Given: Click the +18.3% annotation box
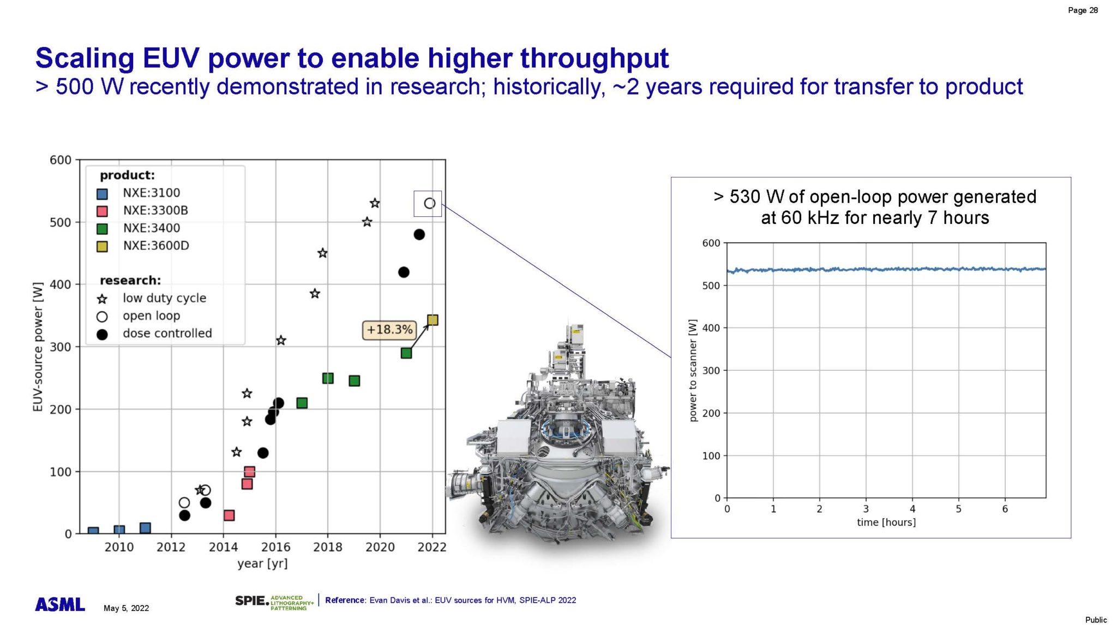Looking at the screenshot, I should pyautogui.click(x=389, y=330).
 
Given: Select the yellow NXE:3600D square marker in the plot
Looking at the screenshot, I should pyautogui.click(x=433, y=320).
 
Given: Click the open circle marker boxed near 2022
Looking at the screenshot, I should pyautogui.click(x=429, y=203).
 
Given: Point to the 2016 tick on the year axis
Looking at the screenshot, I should pyautogui.click(x=275, y=547).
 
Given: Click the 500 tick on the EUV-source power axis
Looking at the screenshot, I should pyautogui.click(x=61, y=222).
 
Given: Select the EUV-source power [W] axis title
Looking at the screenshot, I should pyautogui.click(x=38, y=347).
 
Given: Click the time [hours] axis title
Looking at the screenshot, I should pyautogui.click(x=886, y=522).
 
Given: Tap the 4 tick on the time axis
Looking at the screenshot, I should pyautogui.click(x=912, y=509).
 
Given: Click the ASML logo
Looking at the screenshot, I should pyautogui.click(x=60, y=604).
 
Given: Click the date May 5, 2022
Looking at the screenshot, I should pyautogui.click(x=126, y=608).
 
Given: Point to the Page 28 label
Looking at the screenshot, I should pyautogui.click(x=1083, y=10).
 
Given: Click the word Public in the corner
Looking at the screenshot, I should pyautogui.click(x=1095, y=620).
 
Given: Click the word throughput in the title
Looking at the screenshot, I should pyautogui.click(x=594, y=58).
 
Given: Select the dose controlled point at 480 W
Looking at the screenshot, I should pyautogui.click(x=419, y=234).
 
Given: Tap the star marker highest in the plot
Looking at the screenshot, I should pyautogui.click(x=375, y=203).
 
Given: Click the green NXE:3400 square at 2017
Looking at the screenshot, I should pyautogui.click(x=302, y=403).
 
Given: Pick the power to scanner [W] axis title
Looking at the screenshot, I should pyautogui.click(x=693, y=371).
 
